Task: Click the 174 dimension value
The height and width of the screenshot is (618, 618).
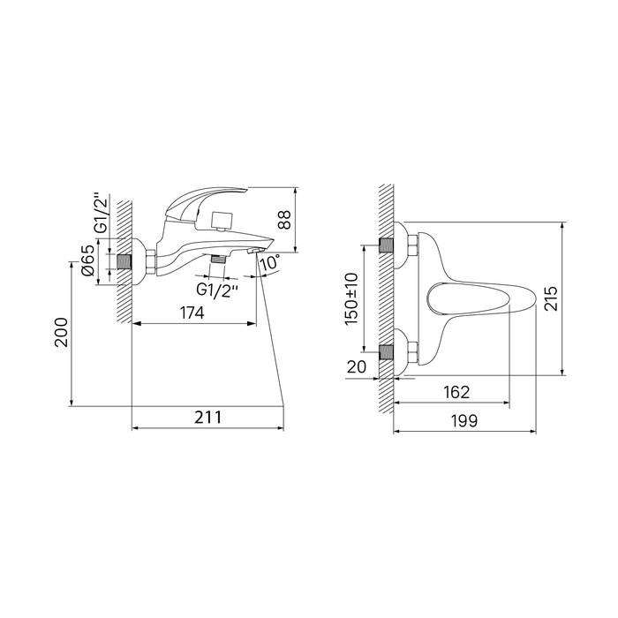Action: pos(192,313)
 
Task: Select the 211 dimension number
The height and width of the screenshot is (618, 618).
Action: pos(207,418)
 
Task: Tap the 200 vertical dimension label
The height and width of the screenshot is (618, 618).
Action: pos(62,332)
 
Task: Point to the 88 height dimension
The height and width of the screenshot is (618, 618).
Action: pos(284,220)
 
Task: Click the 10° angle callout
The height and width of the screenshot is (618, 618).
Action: pos(270,262)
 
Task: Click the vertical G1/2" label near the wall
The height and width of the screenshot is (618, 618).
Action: pos(102,214)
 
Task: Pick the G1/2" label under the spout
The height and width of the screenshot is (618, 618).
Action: pos(217,290)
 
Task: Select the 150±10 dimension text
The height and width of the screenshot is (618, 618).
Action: pos(351,299)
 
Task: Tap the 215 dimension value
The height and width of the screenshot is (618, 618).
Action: pos(551,298)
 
